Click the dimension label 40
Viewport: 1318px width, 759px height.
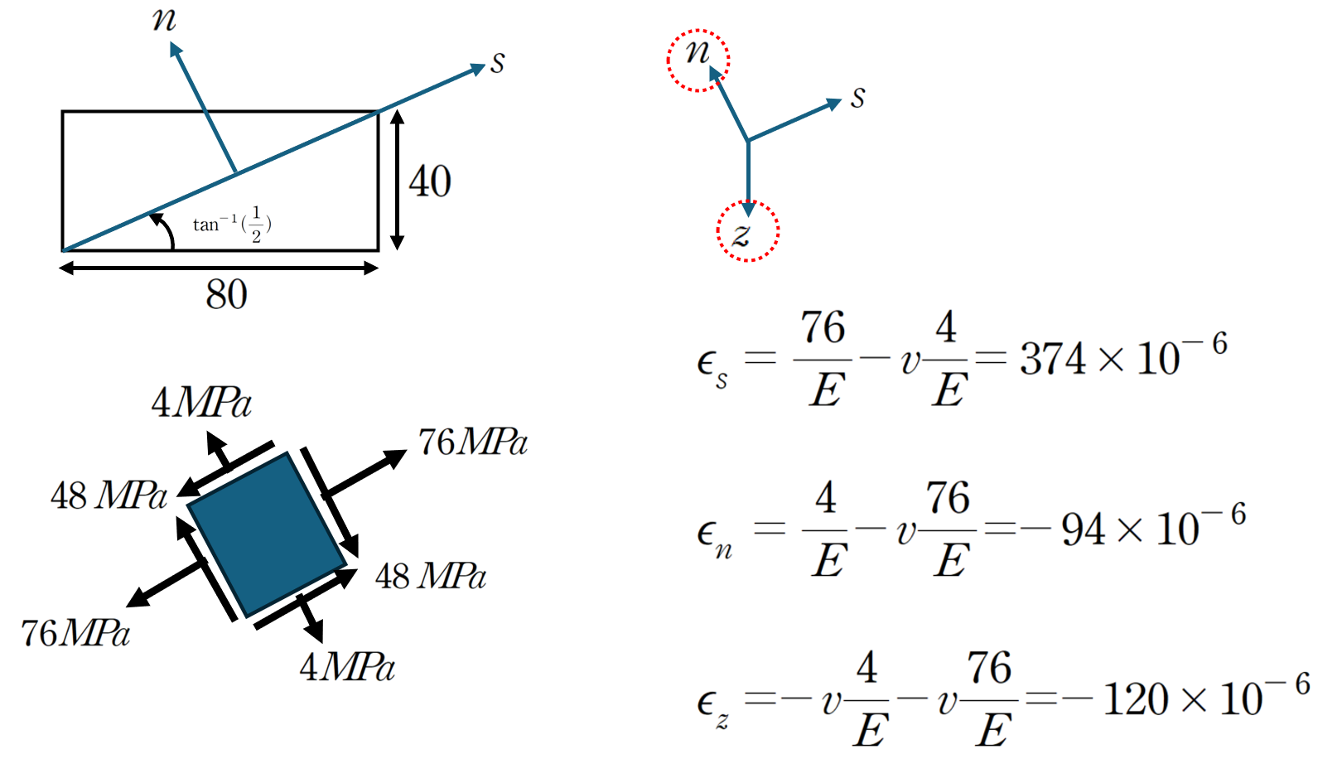pos(430,181)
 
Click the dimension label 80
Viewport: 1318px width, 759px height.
pos(226,294)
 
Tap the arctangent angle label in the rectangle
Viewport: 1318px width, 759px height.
pos(233,225)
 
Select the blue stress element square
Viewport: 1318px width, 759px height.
pos(267,534)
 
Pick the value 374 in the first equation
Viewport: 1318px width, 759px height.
pos(1053,358)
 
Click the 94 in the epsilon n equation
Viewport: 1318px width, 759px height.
pos(1083,529)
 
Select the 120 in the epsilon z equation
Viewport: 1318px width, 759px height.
pos(1135,699)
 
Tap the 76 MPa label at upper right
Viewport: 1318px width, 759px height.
pos(472,442)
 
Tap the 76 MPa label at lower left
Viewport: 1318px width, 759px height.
pos(75,633)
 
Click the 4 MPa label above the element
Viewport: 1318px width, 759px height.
pos(201,403)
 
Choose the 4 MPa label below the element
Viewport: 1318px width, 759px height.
pos(347,667)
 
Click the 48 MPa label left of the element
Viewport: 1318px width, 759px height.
pos(109,496)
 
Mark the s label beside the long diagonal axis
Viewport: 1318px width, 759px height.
pos(498,62)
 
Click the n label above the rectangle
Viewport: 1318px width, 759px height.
pos(163,19)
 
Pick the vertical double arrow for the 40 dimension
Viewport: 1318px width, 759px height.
pos(397,180)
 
